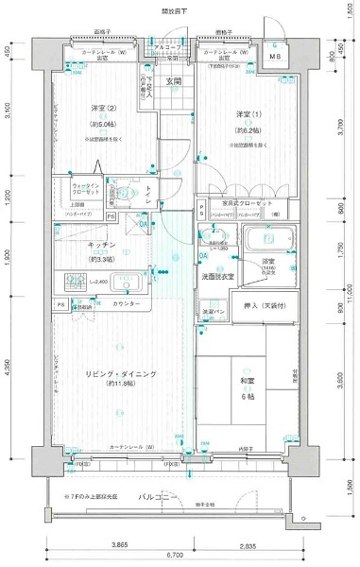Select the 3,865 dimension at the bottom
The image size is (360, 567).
click(118, 545)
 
